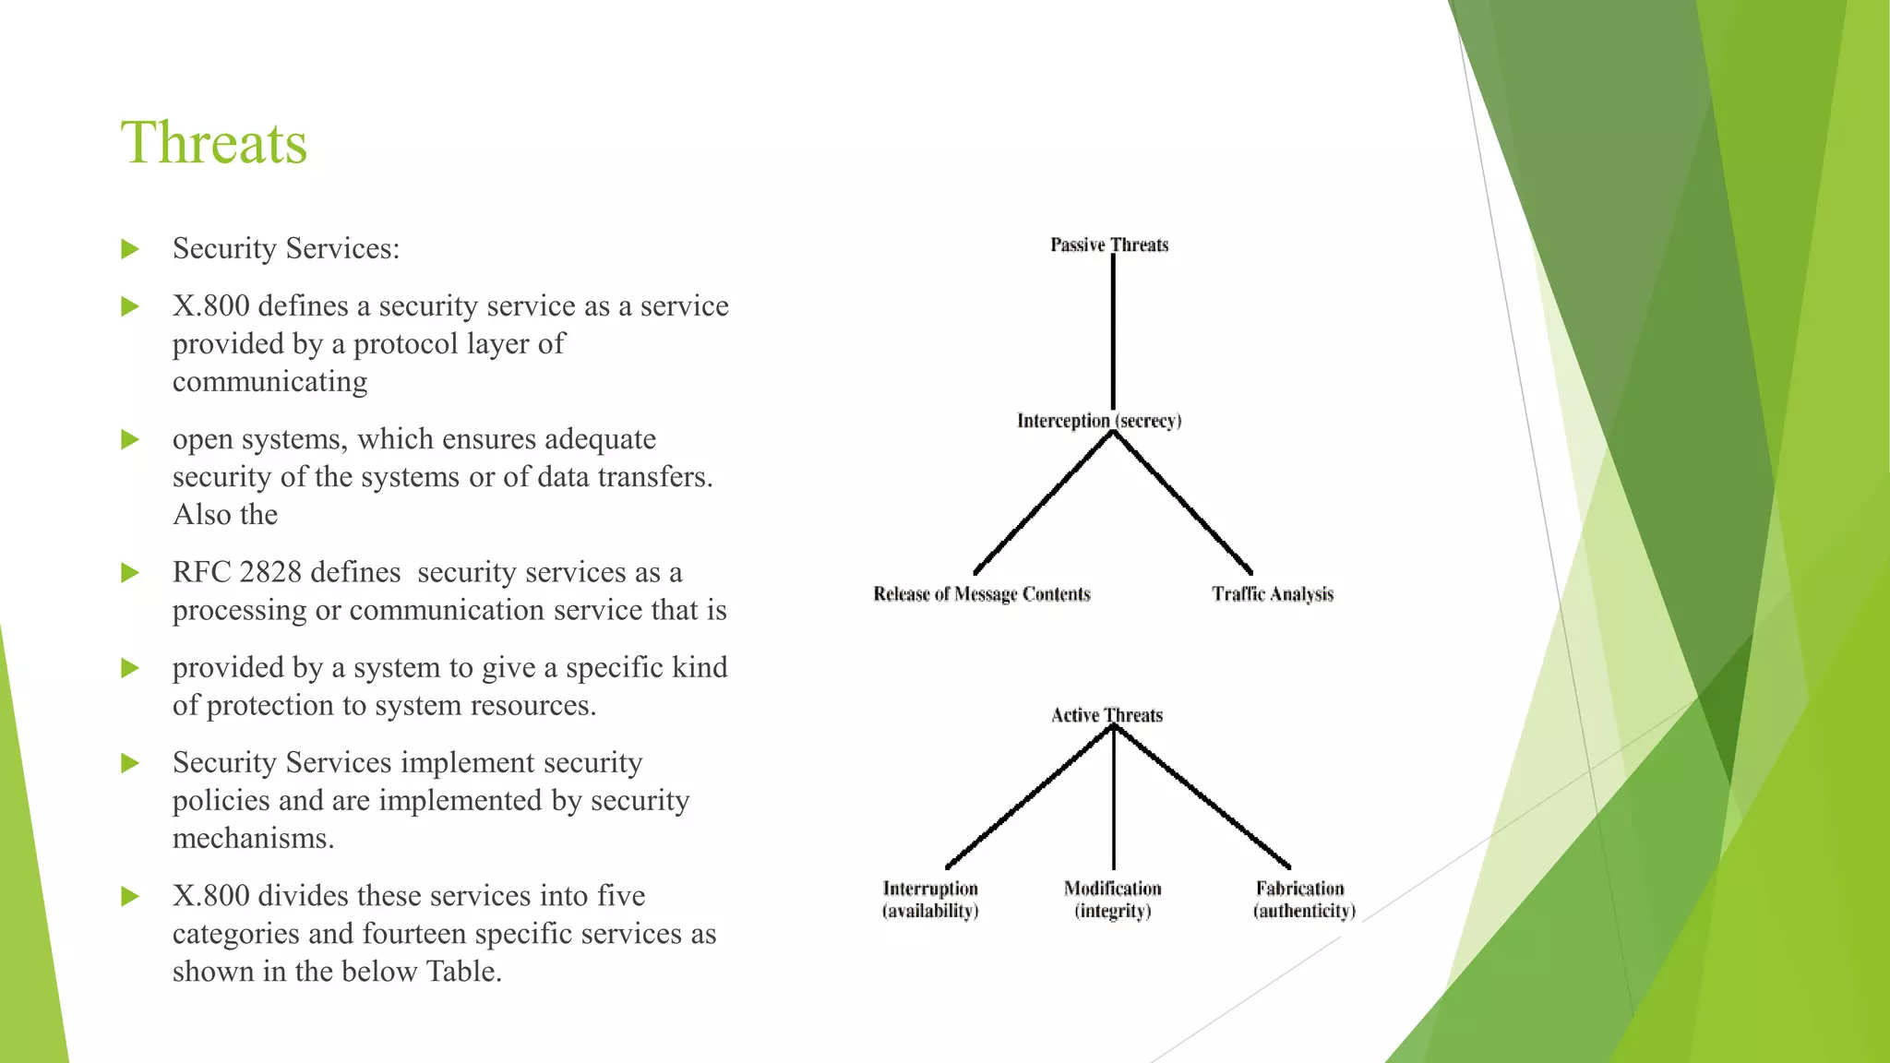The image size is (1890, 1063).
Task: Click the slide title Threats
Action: [214, 143]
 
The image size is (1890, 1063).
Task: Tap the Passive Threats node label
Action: [1109, 245]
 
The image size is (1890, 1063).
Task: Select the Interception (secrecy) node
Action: [1099, 421]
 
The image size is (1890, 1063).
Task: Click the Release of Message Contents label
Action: [982, 594]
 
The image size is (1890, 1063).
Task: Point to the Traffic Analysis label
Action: [1273, 594]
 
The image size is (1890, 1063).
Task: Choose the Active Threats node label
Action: [1106, 715]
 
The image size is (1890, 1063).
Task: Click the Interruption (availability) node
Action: [930, 900]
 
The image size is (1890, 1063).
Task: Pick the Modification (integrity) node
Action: [1113, 900]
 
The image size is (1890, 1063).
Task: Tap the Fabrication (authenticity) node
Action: [1304, 900]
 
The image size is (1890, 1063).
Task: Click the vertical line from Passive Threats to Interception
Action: [1113, 332]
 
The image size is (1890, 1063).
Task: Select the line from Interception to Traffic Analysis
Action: [1183, 502]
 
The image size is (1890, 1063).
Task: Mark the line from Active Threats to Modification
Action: [1114, 798]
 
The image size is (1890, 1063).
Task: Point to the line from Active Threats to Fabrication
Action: [1202, 795]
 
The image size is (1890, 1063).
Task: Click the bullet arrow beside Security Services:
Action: [130, 249]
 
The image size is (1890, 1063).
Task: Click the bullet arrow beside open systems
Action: [130, 440]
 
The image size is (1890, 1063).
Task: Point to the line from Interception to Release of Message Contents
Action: [1043, 503]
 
